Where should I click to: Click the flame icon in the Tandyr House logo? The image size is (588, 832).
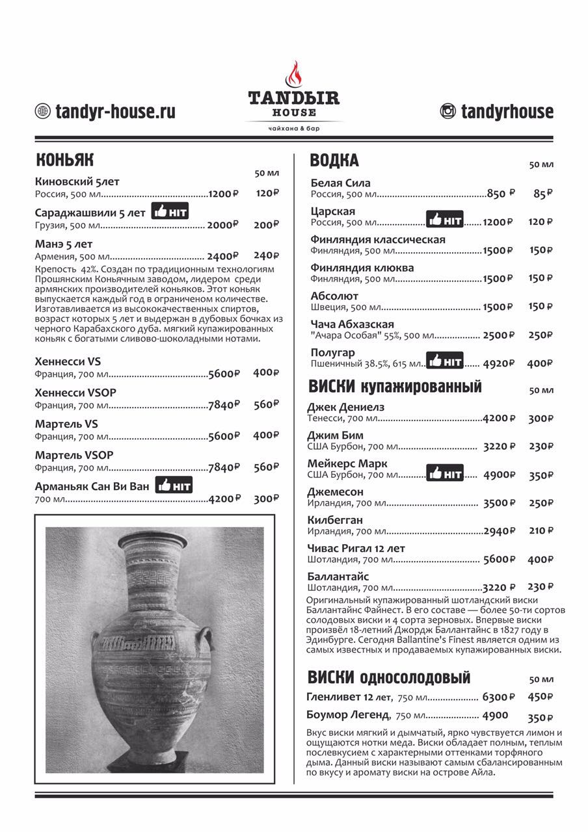point(294,74)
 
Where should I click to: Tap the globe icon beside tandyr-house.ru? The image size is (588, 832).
point(43,111)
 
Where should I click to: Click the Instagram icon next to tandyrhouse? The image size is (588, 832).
point(448,111)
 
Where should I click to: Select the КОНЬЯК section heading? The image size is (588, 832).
point(65,160)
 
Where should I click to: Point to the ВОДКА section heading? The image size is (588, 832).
point(334,161)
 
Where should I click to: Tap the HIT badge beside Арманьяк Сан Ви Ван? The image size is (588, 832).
point(174,485)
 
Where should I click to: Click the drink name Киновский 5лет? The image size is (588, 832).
point(77,182)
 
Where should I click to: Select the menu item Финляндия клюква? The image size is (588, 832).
point(362,268)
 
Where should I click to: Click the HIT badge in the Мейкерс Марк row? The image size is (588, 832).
point(445,473)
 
